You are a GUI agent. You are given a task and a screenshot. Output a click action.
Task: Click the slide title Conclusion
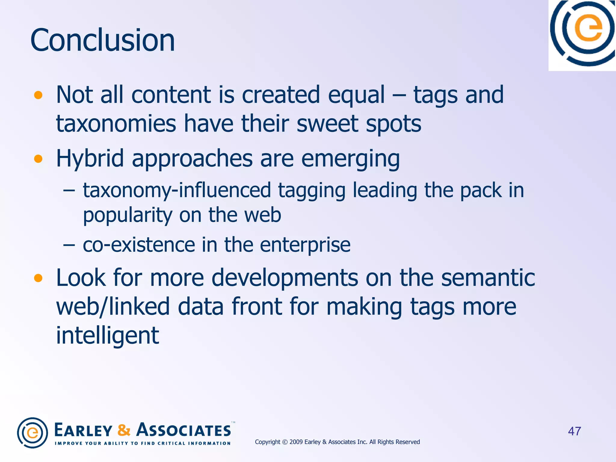point(102,40)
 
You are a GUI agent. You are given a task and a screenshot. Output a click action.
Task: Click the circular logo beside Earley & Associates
point(32,433)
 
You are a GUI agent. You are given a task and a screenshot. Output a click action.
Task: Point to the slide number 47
point(574,431)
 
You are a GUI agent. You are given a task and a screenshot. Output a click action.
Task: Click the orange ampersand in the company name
point(124,430)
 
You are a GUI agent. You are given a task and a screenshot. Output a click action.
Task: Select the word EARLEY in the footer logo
point(83,430)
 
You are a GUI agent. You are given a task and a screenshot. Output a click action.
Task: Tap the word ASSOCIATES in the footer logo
point(183,430)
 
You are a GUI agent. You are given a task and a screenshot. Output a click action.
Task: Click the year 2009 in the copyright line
point(296,442)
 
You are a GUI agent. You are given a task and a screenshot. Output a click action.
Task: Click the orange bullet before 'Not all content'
point(38,95)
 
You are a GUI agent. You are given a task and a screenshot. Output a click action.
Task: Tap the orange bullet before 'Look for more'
point(38,278)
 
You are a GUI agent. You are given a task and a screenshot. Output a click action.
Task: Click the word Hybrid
point(90,159)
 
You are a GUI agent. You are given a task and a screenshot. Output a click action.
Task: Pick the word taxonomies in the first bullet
point(116,124)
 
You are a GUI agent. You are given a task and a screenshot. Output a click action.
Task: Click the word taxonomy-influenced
point(177,190)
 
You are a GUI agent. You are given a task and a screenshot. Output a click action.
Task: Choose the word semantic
point(488,278)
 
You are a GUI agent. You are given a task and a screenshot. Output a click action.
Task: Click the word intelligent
point(107,336)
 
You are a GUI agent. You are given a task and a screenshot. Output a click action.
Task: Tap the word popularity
point(128,215)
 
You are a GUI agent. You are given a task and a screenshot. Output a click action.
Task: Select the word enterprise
point(305,245)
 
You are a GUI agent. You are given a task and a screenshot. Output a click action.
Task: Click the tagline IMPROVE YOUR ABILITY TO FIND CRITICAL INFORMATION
point(143,443)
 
